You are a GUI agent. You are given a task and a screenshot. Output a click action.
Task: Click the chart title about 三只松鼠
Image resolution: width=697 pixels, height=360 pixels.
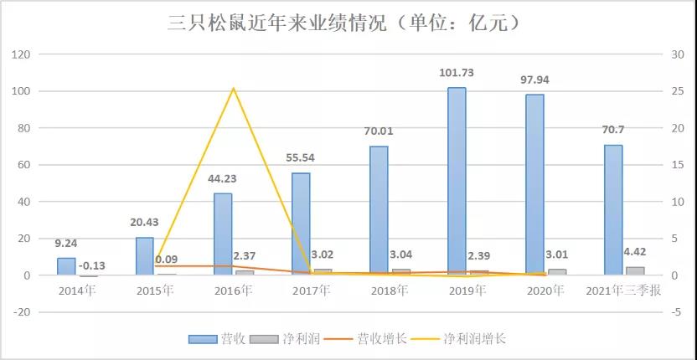click(x=348, y=23)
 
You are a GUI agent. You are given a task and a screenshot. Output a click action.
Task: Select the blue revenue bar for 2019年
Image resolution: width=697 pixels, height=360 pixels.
click(x=457, y=181)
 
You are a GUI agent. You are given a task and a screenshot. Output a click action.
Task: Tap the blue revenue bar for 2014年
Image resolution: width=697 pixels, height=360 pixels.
click(x=66, y=266)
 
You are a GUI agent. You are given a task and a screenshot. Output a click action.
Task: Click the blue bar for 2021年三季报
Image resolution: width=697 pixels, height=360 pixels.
click(x=613, y=209)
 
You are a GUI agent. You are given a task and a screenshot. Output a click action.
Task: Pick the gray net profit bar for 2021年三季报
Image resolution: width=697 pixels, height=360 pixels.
click(x=635, y=270)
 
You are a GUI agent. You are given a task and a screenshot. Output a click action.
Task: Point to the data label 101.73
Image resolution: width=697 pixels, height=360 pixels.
click(x=457, y=75)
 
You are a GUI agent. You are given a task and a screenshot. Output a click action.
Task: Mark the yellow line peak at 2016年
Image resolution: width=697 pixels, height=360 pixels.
click(x=233, y=89)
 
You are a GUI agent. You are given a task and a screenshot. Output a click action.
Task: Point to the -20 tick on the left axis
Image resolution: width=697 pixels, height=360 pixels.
click(x=20, y=312)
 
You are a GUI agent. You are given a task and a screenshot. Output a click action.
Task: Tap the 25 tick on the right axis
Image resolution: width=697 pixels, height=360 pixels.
click(x=677, y=90)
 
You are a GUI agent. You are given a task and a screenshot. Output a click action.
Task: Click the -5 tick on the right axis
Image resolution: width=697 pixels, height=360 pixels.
click(x=677, y=312)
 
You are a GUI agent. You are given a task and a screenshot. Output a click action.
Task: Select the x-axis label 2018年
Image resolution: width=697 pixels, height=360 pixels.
click(x=390, y=291)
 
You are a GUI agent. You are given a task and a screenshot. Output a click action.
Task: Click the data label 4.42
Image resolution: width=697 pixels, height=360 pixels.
click(x=635, y=248)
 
